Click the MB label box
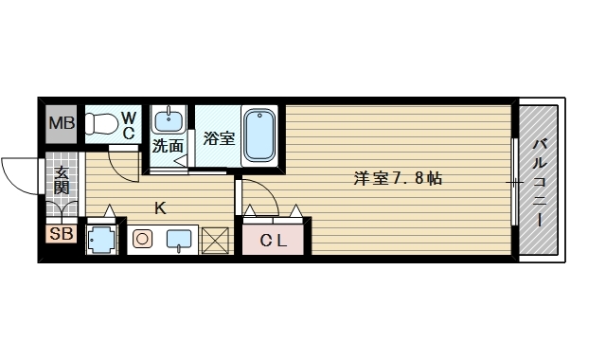(x=62, y=123)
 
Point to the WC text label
(x=130, y=123)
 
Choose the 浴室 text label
(x=219, y=138)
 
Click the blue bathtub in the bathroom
(x=258, y=135)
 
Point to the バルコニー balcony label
(x=539, y=180)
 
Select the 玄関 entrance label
(x=62, y=180)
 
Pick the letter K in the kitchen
(x=160, y=208)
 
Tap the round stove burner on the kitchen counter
(x=142, y=240)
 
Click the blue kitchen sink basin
(x=180, y=241)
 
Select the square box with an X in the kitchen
(x=216, y=241)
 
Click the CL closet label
(x=274, y=241)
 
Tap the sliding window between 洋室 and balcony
(x=514, y=180)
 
